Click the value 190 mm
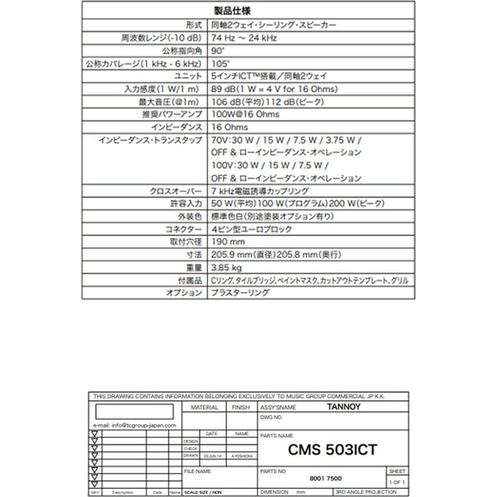click(x=228, y=242)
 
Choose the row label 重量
click(x=193, y=267)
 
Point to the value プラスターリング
click(x=240, y=293)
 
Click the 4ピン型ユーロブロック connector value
click(x=252, y=229)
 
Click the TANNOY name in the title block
click(x=343, y=408)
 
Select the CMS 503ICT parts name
click(x=333, y=449)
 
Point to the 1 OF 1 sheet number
click(x=396, y=482)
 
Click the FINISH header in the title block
click(x=240, y=408)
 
